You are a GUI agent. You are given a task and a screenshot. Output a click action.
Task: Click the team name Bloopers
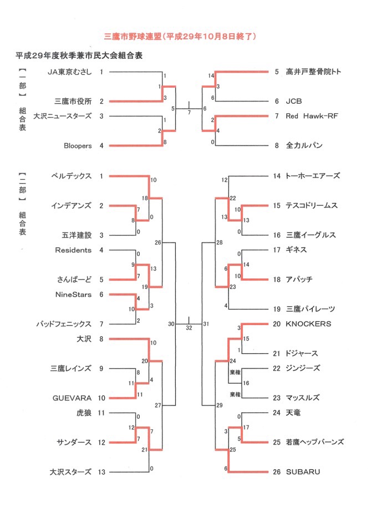tap(77, 145)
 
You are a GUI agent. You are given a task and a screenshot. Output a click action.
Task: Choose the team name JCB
tap(294, 102)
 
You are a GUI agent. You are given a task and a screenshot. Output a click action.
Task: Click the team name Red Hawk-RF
tap(312, 116)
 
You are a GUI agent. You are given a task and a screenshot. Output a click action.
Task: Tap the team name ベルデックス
tap(71, 176)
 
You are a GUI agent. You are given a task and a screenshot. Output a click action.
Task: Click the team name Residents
tap(73, 250)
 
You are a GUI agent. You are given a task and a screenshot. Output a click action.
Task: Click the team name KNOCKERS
tap(308, 323)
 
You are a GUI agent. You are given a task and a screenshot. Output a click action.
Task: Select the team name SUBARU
tap(303, 472)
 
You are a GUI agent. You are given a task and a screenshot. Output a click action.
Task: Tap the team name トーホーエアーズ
tap(312, 176)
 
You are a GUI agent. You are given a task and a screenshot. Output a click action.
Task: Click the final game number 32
tap(189, 328)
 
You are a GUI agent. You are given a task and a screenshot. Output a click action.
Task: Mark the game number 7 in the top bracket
tap(189, 113)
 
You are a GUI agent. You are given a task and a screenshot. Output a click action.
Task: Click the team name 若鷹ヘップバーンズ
tap(315, 442)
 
